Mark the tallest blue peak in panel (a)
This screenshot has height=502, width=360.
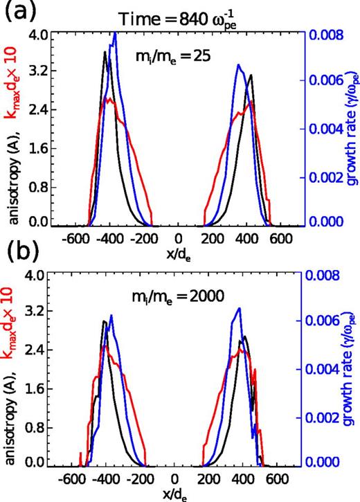[x=115, y=33]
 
